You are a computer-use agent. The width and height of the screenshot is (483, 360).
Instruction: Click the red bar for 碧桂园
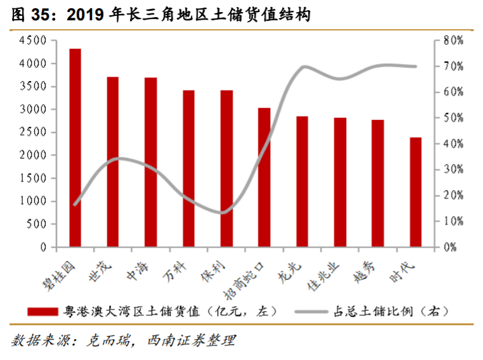click(x=75, y=147)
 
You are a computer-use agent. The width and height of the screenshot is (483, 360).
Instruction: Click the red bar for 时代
click(x=415, y=191)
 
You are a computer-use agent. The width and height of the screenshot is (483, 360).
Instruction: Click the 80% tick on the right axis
click(x=454, y=41)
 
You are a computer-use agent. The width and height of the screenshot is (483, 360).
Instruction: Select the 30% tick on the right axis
click(x=454, y=169)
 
